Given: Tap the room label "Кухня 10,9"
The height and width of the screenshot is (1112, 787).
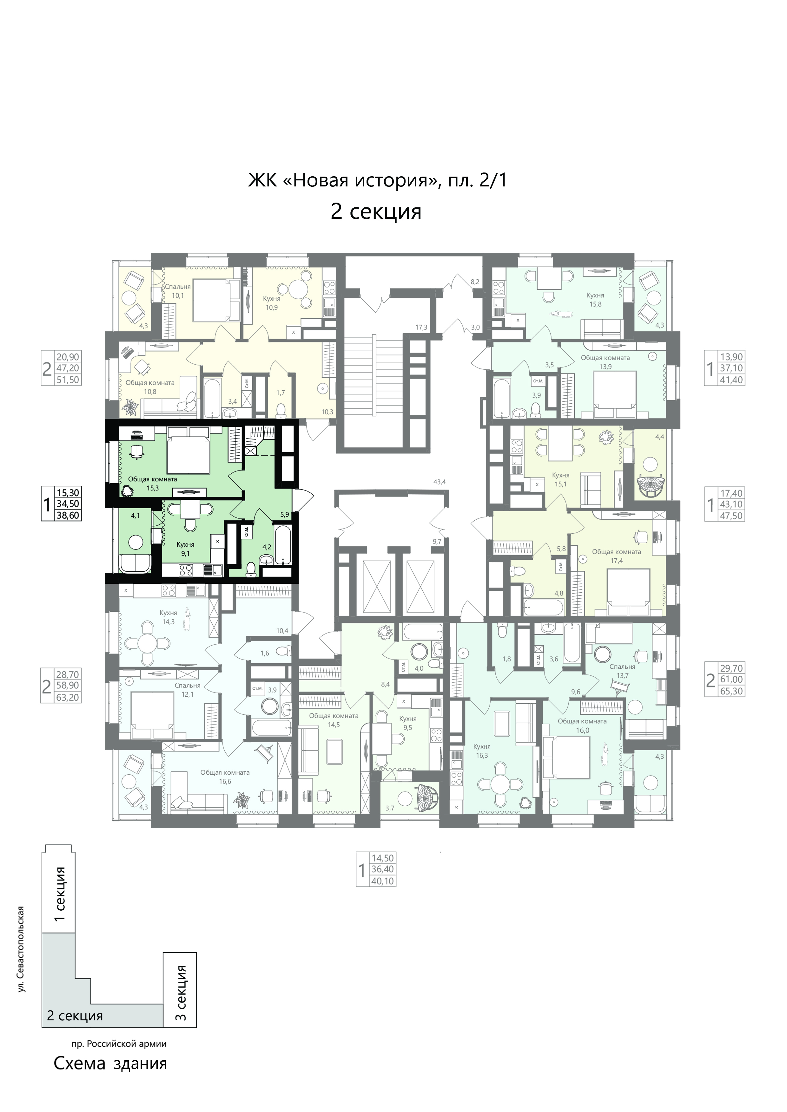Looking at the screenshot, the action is point(272,303).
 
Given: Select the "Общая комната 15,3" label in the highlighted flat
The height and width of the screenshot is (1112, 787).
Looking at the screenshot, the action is point(152,483).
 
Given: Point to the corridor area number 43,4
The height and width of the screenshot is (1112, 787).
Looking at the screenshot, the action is point(440,482).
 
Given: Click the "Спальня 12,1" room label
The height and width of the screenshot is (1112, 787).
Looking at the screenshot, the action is point(188,690).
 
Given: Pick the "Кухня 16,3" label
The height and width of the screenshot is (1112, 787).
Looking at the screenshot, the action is point(482,751).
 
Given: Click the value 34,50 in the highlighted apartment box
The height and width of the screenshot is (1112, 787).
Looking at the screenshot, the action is point(68,504).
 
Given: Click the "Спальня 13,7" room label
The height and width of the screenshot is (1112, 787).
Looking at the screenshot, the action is point(622,671).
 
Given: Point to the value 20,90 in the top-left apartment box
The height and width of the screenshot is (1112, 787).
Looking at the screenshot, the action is point(68,356).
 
